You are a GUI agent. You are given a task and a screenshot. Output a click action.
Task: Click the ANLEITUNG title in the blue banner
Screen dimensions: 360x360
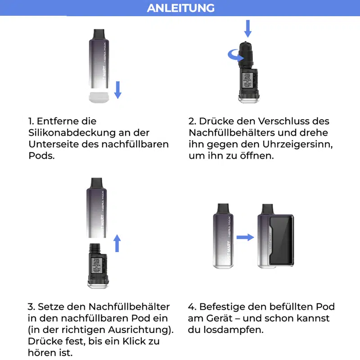coord(180,8)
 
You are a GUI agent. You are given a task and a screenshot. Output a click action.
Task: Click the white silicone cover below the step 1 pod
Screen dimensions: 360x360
coord(99,96)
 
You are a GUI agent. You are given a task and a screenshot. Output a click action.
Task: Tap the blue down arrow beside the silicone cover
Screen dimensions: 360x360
coord(118,89)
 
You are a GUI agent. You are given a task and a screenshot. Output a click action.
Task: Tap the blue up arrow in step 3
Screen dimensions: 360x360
coord(117,243)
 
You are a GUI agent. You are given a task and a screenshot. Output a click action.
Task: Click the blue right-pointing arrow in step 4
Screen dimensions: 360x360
coord(245,237)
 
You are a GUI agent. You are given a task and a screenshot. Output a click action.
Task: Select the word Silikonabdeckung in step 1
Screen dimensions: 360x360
coord(73,133)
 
